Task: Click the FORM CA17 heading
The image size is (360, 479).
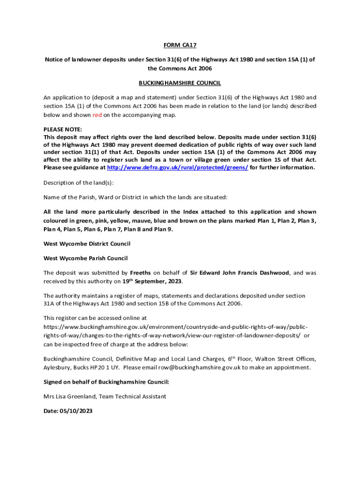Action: (180, 45)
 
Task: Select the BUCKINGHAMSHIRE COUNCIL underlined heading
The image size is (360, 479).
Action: (180, 83)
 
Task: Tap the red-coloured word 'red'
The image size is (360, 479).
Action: (97, 115)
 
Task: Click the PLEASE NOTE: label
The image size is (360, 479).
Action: (63, 129)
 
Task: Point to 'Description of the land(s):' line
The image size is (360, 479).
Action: (79, 182)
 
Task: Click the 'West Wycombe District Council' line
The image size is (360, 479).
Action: (87, 244)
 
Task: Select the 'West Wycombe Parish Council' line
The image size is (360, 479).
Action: (86, 258)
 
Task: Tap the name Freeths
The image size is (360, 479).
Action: (140, 273)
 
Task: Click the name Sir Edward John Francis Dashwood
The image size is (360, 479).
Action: (242, 273)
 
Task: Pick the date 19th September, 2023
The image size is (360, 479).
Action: (152, 282)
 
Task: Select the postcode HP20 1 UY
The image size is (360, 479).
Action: (106, 368)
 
